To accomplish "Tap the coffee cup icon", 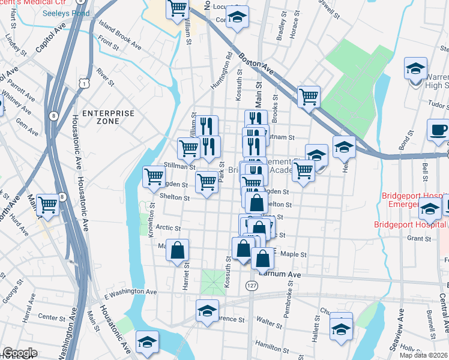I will (x=438, y=130).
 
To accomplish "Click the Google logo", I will (x=20, y=353).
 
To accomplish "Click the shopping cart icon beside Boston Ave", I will (x=309, y=96).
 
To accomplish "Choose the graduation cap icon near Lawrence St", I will (x=207, y=311).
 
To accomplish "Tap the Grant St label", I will (x=415, y=238).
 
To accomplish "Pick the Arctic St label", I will (x=168, y=228).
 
